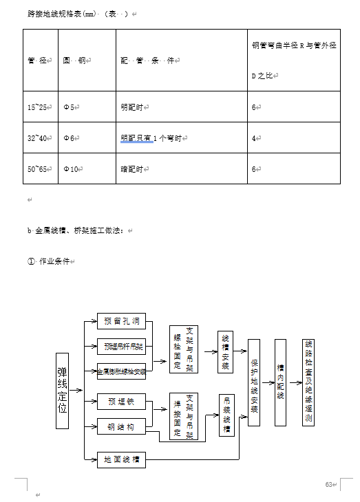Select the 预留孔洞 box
(x=121, y=321)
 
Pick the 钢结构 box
(x=121, y=428)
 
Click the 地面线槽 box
(x=121, y=459)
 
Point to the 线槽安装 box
(x=225, y=353)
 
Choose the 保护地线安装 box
(x=254, y=382)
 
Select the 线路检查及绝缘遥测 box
(x=308, y=382)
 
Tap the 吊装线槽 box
(x=225, y=415)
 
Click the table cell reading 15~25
(x=39, y=107)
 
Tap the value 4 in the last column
(x=254, y=138)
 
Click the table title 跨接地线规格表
(x=62, y=14)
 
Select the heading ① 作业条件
(x=50, y=261)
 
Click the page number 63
(x=329, y=485)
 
